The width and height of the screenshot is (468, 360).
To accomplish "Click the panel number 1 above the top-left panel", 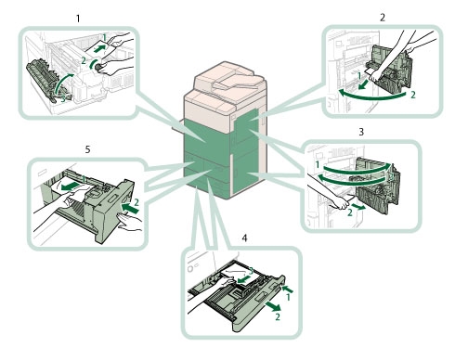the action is [78, 19].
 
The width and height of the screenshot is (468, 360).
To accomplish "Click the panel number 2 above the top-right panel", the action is [383, 18].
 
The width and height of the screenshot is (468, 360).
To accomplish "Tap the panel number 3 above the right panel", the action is [361, 132].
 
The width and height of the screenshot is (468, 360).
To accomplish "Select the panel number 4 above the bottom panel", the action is [244, 238].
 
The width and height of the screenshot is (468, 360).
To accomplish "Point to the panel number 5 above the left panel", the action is [87, 149].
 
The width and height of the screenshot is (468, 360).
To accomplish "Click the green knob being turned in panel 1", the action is [99, 67].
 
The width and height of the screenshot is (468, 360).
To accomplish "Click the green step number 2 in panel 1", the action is [84, 60].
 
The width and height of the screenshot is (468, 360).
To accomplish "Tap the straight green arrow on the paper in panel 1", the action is [100, 48].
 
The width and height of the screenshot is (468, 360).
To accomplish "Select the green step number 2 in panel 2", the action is [413, 95].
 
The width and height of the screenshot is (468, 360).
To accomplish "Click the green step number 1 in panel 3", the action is [318, 164].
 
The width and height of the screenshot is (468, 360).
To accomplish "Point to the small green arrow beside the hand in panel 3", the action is [360, 208].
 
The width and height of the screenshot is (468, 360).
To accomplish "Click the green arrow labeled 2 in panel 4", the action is [273, 306].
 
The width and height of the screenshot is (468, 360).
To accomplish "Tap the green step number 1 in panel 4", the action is [288, 297].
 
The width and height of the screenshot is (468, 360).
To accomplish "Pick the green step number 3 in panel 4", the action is [251, 271].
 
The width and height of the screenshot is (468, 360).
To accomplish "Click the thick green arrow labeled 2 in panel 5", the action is [130, 208].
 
